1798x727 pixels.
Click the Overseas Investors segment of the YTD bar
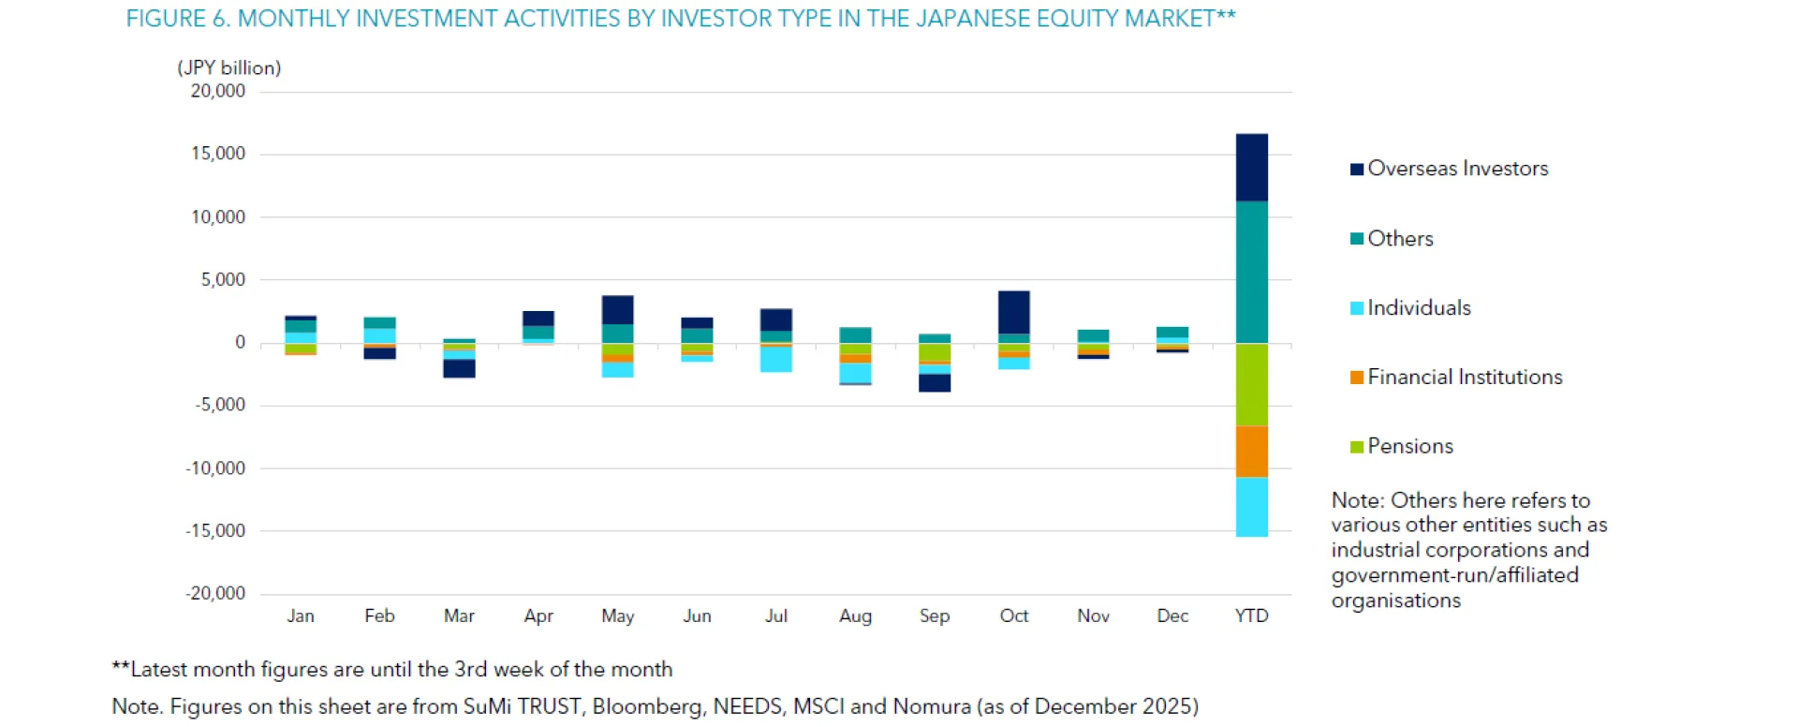point(1251,167)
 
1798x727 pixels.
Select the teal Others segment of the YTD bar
point(1251,272)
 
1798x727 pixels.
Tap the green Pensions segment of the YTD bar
point(1251,384)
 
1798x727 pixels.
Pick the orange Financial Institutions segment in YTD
point(1251,451)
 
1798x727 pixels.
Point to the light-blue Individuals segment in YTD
point(1251,506)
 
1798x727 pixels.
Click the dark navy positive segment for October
point(1013,312)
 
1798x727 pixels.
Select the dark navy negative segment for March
point(459,368)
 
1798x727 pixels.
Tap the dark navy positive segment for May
point(617,309)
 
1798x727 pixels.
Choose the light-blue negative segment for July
point(775,359)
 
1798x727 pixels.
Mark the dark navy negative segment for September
point(934,382)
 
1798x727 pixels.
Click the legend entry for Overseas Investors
point(1457,169)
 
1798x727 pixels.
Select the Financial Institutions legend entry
point(1465,378)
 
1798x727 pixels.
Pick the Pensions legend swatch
point(1356,447)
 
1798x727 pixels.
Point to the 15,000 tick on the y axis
point(218,154)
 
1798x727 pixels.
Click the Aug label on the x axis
point(855,616)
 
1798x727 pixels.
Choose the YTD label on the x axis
point(1251,616)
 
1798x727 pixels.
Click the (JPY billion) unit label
point(228,67)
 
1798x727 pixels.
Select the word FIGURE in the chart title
point(165,19)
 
